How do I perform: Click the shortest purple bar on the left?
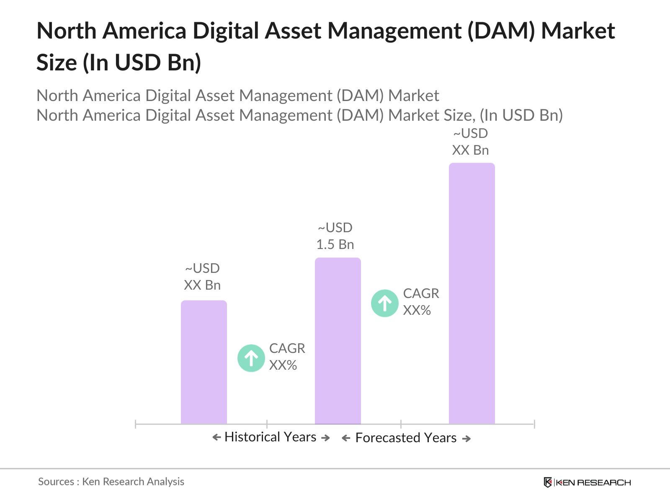(204, 363)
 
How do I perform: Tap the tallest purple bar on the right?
(472, 293)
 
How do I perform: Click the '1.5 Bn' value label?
(335, 244)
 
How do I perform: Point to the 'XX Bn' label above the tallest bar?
(470, 150)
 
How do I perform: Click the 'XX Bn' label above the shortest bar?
(202, 285)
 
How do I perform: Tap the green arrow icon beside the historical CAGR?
(251, 358)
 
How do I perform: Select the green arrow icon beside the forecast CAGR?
(384, 303)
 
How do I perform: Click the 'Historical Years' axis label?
(271, 437)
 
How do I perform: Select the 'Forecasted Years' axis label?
(406, 438)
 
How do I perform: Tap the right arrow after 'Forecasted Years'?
(466, 439)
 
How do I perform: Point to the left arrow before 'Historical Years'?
(216, 438)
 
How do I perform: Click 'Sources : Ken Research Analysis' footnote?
(111, 482)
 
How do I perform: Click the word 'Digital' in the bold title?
(229, 31)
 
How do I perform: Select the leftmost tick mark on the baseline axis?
(136, 424)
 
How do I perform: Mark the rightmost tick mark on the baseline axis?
(534, 424)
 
